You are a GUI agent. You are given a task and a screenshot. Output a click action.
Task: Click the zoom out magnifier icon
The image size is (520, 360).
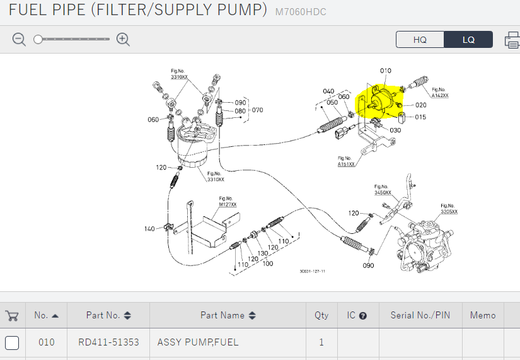pos(20,40)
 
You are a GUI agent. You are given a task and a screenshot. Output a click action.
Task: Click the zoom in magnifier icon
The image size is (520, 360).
pos(124,40)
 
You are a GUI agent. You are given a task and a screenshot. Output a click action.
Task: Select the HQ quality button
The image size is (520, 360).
pos(420,40)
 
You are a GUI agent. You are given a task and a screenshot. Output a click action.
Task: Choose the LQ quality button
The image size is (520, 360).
pos(468,40)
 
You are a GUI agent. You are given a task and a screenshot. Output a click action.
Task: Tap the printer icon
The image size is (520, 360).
pos(512,40)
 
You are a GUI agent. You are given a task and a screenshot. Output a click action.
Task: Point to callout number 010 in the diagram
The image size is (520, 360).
pos(385,71)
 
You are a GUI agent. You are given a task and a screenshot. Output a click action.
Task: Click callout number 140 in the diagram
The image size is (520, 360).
pos(149,228)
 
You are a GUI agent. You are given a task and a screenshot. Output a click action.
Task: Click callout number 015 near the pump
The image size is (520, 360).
pos(420,117)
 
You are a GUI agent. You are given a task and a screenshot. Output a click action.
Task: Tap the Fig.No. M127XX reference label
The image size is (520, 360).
pos(228,202)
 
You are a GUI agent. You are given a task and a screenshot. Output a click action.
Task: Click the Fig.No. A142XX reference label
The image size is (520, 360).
pos(440,93)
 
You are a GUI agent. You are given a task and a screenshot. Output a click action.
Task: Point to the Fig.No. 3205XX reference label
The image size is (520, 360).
pos(449,209)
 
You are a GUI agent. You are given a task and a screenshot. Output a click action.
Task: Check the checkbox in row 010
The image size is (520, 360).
pos(12,343)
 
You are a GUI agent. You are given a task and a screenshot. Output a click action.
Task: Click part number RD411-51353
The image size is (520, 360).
pos(108,342)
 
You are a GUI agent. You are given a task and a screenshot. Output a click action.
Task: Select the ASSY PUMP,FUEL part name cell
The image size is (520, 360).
pos(198,342)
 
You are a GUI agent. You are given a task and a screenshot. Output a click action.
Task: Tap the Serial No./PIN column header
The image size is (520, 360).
pos(420,315)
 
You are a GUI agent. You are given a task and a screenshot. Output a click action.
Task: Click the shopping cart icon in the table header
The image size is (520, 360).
pos(11,315)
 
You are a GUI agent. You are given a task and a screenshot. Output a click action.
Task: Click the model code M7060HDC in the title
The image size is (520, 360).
pos(301,12)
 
